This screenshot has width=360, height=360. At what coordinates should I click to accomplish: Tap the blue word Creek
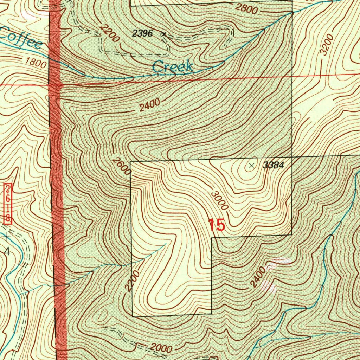pos(173,66)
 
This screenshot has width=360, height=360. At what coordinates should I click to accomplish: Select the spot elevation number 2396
pos(142,34)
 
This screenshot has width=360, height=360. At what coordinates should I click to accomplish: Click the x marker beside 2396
pos(163,34)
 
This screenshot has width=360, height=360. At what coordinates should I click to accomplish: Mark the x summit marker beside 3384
pos(251,166)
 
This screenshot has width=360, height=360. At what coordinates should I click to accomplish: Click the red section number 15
pos(216,225)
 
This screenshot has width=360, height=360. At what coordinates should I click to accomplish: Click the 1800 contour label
pos(36,62)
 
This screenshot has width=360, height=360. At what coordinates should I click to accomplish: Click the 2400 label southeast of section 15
pos(258,277)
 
